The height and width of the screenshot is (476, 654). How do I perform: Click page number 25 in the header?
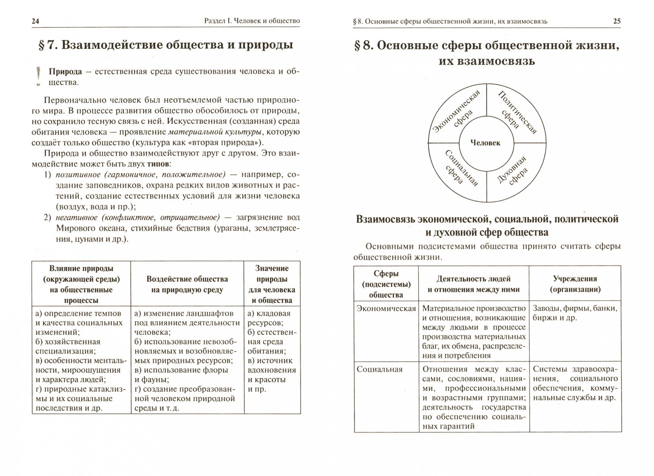coord(617,21)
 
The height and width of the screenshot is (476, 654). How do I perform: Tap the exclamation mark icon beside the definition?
coord(40,75)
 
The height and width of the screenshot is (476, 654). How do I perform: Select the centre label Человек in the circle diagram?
coord(485,143)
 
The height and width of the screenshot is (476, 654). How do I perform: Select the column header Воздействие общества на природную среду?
coord(187,284)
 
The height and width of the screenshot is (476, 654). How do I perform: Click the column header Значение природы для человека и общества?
coord(272,284)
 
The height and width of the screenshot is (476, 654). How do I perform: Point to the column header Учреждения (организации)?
coord(575,284)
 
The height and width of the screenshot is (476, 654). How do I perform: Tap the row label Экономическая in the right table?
coord(386,309)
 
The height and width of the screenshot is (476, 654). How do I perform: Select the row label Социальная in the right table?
coord(379,369)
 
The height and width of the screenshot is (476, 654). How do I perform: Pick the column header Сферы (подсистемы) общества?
coord(386,284)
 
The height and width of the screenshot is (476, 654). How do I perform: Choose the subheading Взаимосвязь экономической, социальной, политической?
coord(487,219)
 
